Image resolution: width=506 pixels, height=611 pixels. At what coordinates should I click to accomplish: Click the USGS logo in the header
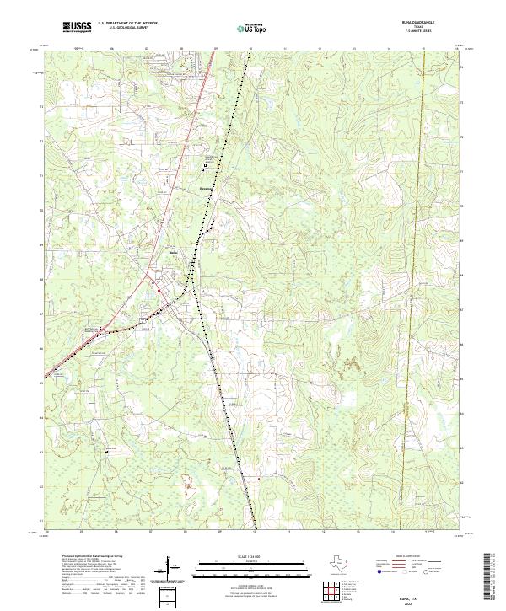77,27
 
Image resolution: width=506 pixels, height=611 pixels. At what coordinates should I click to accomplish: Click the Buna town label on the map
174,253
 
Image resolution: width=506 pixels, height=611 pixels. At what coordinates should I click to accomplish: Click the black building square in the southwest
107,453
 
